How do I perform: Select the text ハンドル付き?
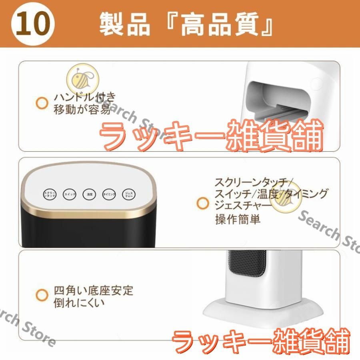(x=85, y=97)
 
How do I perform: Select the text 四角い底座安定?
(x=93, y=290)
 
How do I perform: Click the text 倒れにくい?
(x=79, y=302)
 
